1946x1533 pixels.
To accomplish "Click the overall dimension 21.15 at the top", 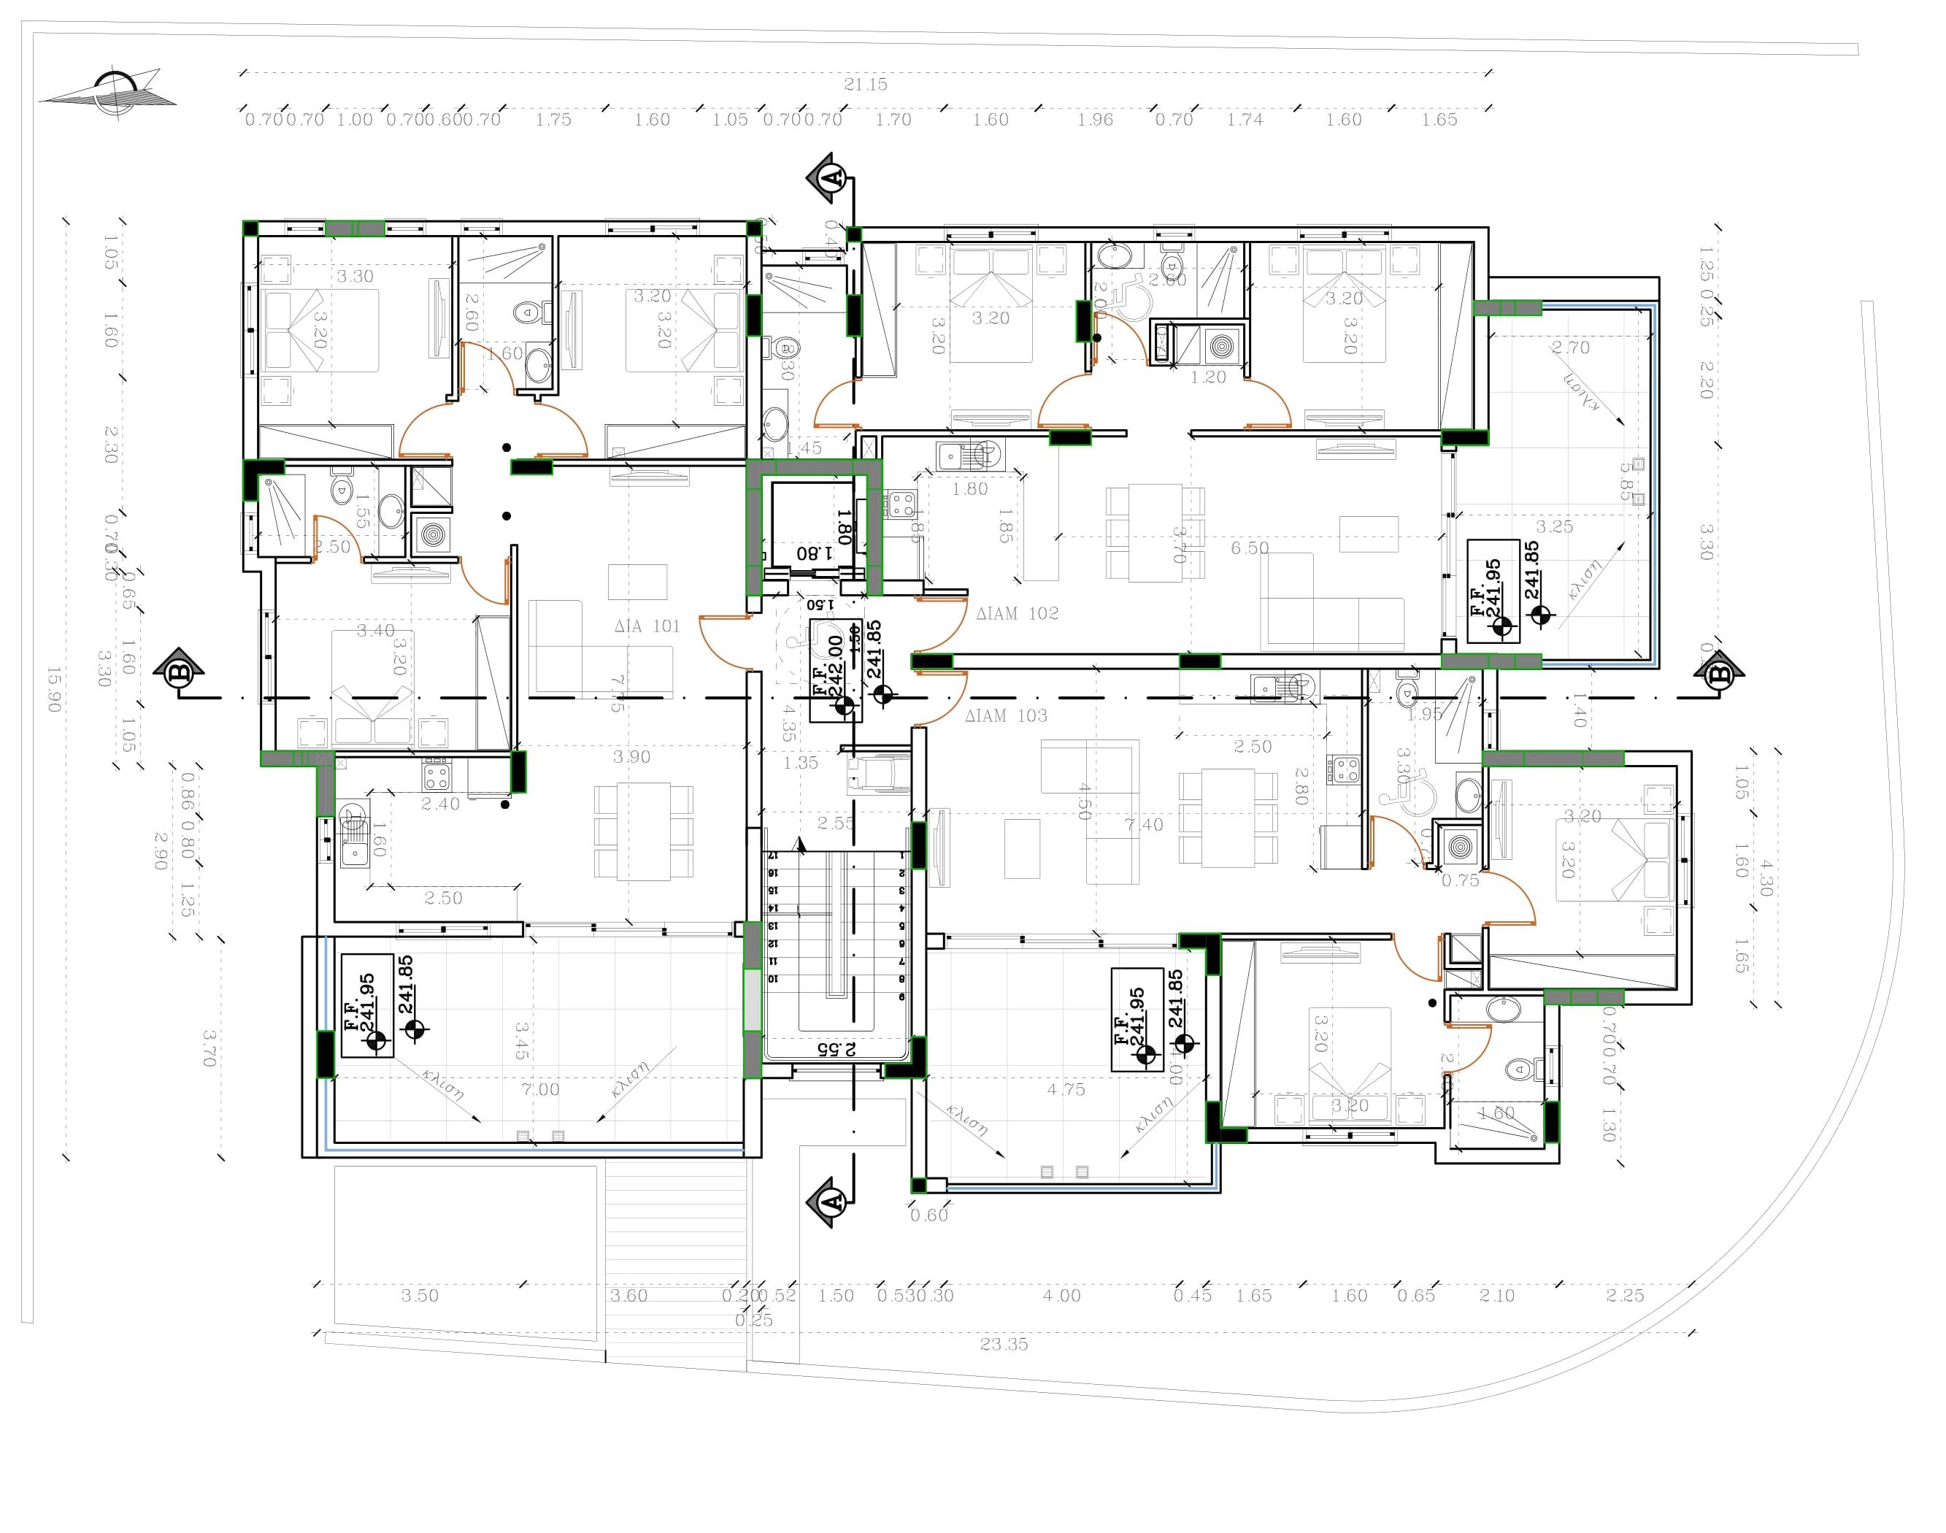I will coord(865,85).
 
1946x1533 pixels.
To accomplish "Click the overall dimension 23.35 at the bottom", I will coord(1004,1345).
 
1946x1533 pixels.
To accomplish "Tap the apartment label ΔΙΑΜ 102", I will coord(1017,614).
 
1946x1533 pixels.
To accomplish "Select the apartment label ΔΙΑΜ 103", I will coord(1005,716).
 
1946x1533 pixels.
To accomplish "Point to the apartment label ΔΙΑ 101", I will coord(647,626).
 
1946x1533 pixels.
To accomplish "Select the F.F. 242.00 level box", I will coord(835,670).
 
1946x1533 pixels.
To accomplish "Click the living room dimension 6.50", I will coord(1250,547).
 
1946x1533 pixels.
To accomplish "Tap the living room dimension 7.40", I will coord(1144,825).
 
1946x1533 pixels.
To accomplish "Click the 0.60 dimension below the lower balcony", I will coord(929,1215).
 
